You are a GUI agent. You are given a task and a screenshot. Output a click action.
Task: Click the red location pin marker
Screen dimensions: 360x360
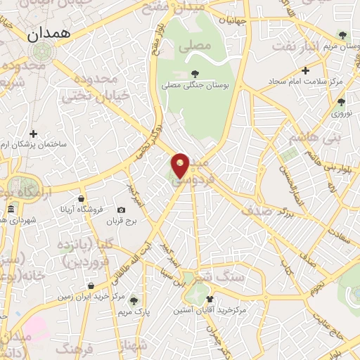(x=181, y=165)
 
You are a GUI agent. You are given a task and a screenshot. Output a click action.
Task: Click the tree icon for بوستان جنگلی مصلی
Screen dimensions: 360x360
(x=194, y=72)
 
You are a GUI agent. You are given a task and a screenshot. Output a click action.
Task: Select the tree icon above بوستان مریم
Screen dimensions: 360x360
(x=342, y=34)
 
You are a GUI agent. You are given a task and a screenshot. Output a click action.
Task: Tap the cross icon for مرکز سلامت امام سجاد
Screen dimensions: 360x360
(x=305, y=70)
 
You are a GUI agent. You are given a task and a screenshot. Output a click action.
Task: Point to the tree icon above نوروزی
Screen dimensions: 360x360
(x=341, y=102)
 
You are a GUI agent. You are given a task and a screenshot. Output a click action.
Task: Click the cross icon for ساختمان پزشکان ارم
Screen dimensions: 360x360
(x=33, y=134)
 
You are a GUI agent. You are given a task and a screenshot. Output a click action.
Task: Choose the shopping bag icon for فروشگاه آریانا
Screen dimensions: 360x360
(x=82, y=198)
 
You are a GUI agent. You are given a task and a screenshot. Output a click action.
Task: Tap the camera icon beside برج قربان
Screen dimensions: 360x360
(x=121, y=210)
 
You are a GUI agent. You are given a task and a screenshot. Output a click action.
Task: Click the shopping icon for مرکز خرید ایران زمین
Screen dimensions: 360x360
(x=92, y=285)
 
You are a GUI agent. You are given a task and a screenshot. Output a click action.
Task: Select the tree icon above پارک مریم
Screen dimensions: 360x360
(x=134, y=301)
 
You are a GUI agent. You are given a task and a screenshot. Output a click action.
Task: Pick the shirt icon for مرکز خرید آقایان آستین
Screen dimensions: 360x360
(x=209, y=300)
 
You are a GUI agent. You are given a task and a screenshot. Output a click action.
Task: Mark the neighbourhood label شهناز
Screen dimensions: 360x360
(x=133, y=344)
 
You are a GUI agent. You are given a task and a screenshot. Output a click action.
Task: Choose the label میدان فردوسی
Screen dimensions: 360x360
(x=200, y=172)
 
